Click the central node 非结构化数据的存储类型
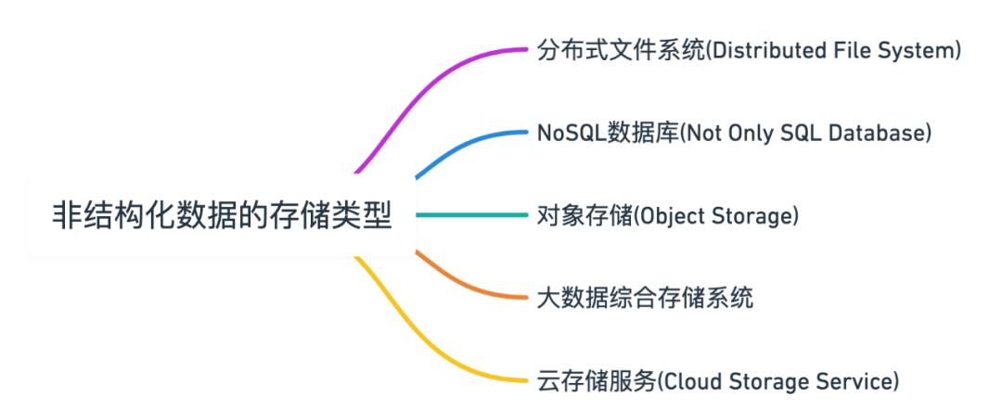click(222, 215)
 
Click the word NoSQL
click(572, 133)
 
